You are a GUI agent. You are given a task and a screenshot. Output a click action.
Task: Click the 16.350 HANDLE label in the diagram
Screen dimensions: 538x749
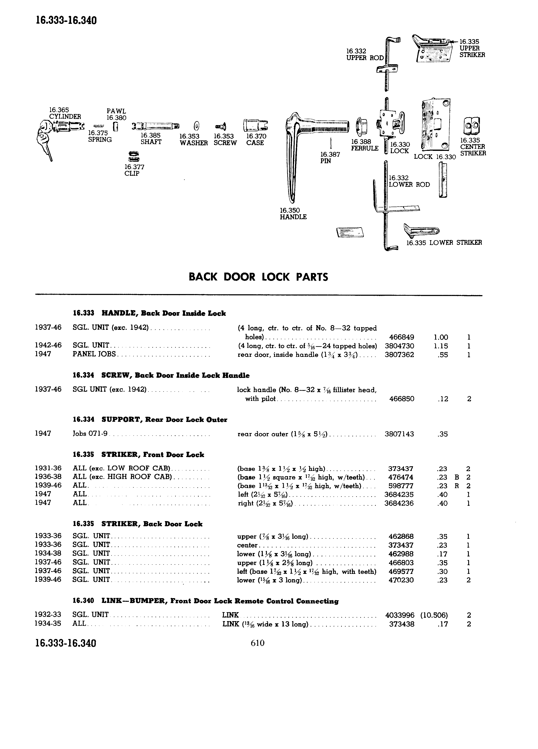(x=293, y=214)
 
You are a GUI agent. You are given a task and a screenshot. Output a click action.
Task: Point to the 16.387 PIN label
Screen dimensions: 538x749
(x=330, y=157)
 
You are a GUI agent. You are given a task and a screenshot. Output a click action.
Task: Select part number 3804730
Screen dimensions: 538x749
(x=399, y=346)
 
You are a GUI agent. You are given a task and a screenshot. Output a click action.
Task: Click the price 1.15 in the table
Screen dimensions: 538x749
(x=441, y=346)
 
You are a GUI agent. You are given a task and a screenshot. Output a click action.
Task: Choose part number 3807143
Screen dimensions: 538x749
(x=399, y=434)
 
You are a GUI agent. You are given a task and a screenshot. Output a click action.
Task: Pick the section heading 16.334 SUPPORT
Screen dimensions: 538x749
(x=150, y=420)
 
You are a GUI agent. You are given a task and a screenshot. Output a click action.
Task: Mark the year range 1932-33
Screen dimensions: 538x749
(x=48, y=615)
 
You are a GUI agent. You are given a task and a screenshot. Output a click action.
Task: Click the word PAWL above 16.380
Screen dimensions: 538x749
(x=116, y=111)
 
